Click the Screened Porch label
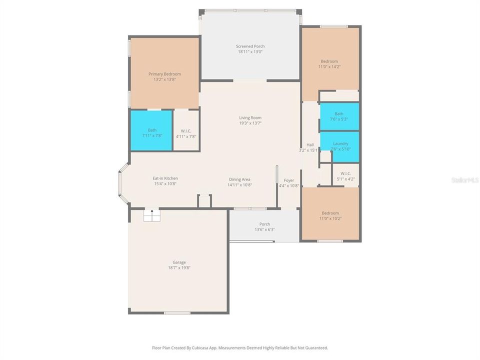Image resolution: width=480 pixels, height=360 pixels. coord(250,46)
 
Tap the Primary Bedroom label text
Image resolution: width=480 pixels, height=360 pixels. coord(164,74)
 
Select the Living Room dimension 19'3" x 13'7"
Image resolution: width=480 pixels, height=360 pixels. coord(250,123)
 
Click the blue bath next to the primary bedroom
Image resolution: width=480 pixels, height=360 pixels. coord(151,130)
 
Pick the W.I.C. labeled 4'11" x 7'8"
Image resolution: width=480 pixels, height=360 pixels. coord(186,133)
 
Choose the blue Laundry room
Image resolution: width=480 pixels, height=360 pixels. coord(339,146)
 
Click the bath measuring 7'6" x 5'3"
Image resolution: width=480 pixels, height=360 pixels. coord(339,116)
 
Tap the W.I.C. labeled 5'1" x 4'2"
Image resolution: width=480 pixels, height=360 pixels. coord(345,176)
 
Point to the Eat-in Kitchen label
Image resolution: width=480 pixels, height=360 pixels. coord(165,178)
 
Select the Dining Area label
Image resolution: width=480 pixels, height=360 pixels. coord(239,179)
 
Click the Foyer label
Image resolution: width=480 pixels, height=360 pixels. coord(289,180)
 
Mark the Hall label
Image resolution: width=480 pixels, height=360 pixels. coord(310,144)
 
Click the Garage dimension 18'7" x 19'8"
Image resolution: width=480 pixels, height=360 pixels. coord(179,268)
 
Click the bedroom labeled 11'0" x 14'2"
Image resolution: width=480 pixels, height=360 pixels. coord(329,63)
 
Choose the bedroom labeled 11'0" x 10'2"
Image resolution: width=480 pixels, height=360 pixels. coord(330,215)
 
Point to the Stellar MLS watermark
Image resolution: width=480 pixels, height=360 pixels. coord(464,179)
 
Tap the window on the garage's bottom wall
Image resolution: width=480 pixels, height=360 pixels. coord(177,313)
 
